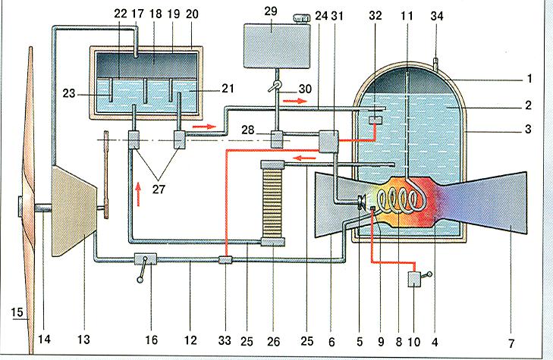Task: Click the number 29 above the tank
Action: [271, 11]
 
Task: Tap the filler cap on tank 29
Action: [302, 19]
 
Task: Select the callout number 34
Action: [437, 16]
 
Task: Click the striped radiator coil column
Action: [272, 202]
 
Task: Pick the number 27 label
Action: [159, 189]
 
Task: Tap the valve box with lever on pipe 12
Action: [146, 260]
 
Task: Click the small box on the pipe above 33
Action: [225, 260]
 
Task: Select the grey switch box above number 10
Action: [414, 280]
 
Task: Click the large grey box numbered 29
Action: [277, 45]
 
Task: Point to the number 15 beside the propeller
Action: [17, 312]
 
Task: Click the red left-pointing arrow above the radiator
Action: [306, 158]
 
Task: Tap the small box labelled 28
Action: [277, 139]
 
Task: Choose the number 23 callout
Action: [69, 93]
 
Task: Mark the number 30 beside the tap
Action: [305, 89]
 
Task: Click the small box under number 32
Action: [375, 120]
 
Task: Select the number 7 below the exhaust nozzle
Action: [511, 343]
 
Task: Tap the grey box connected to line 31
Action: [328, 141]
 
